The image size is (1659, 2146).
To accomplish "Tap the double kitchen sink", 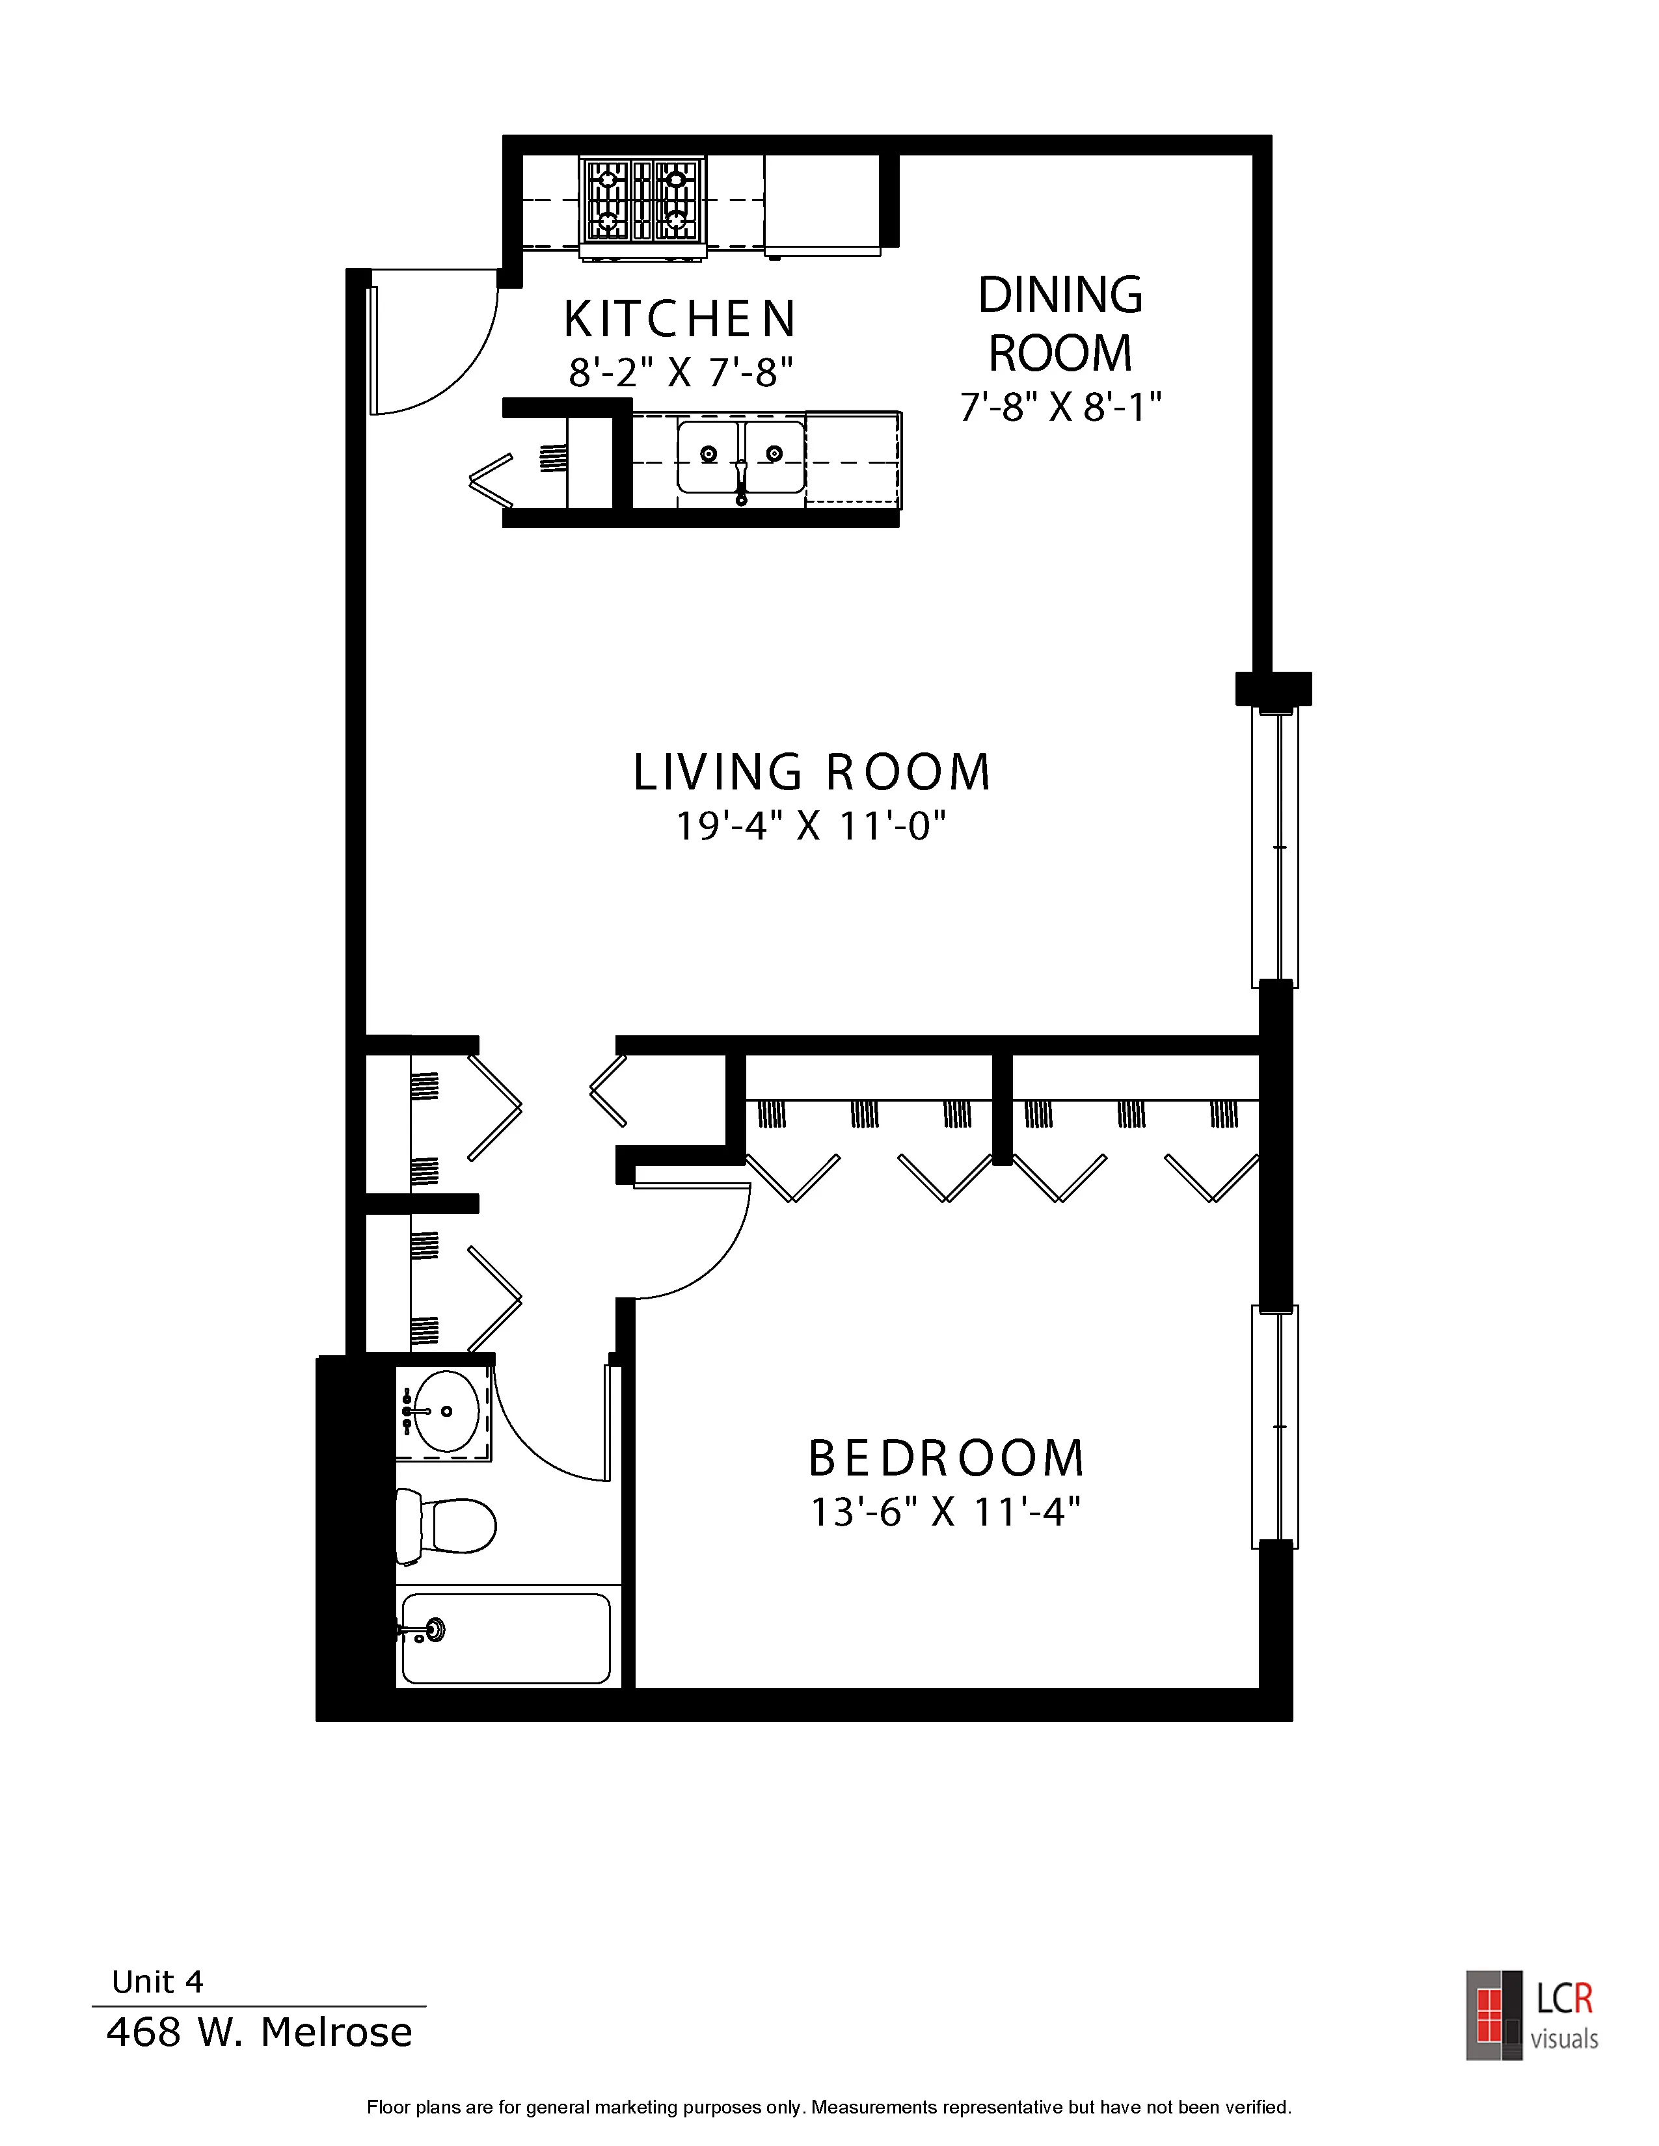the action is point(741,458).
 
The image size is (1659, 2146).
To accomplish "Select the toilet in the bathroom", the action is point(445,1526).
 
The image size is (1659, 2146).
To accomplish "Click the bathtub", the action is point(506,1638).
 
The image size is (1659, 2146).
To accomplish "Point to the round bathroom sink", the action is point(445,1411).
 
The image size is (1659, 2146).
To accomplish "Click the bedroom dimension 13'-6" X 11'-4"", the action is point(945,1512).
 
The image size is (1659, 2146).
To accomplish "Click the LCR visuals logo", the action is point(1532,2015).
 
